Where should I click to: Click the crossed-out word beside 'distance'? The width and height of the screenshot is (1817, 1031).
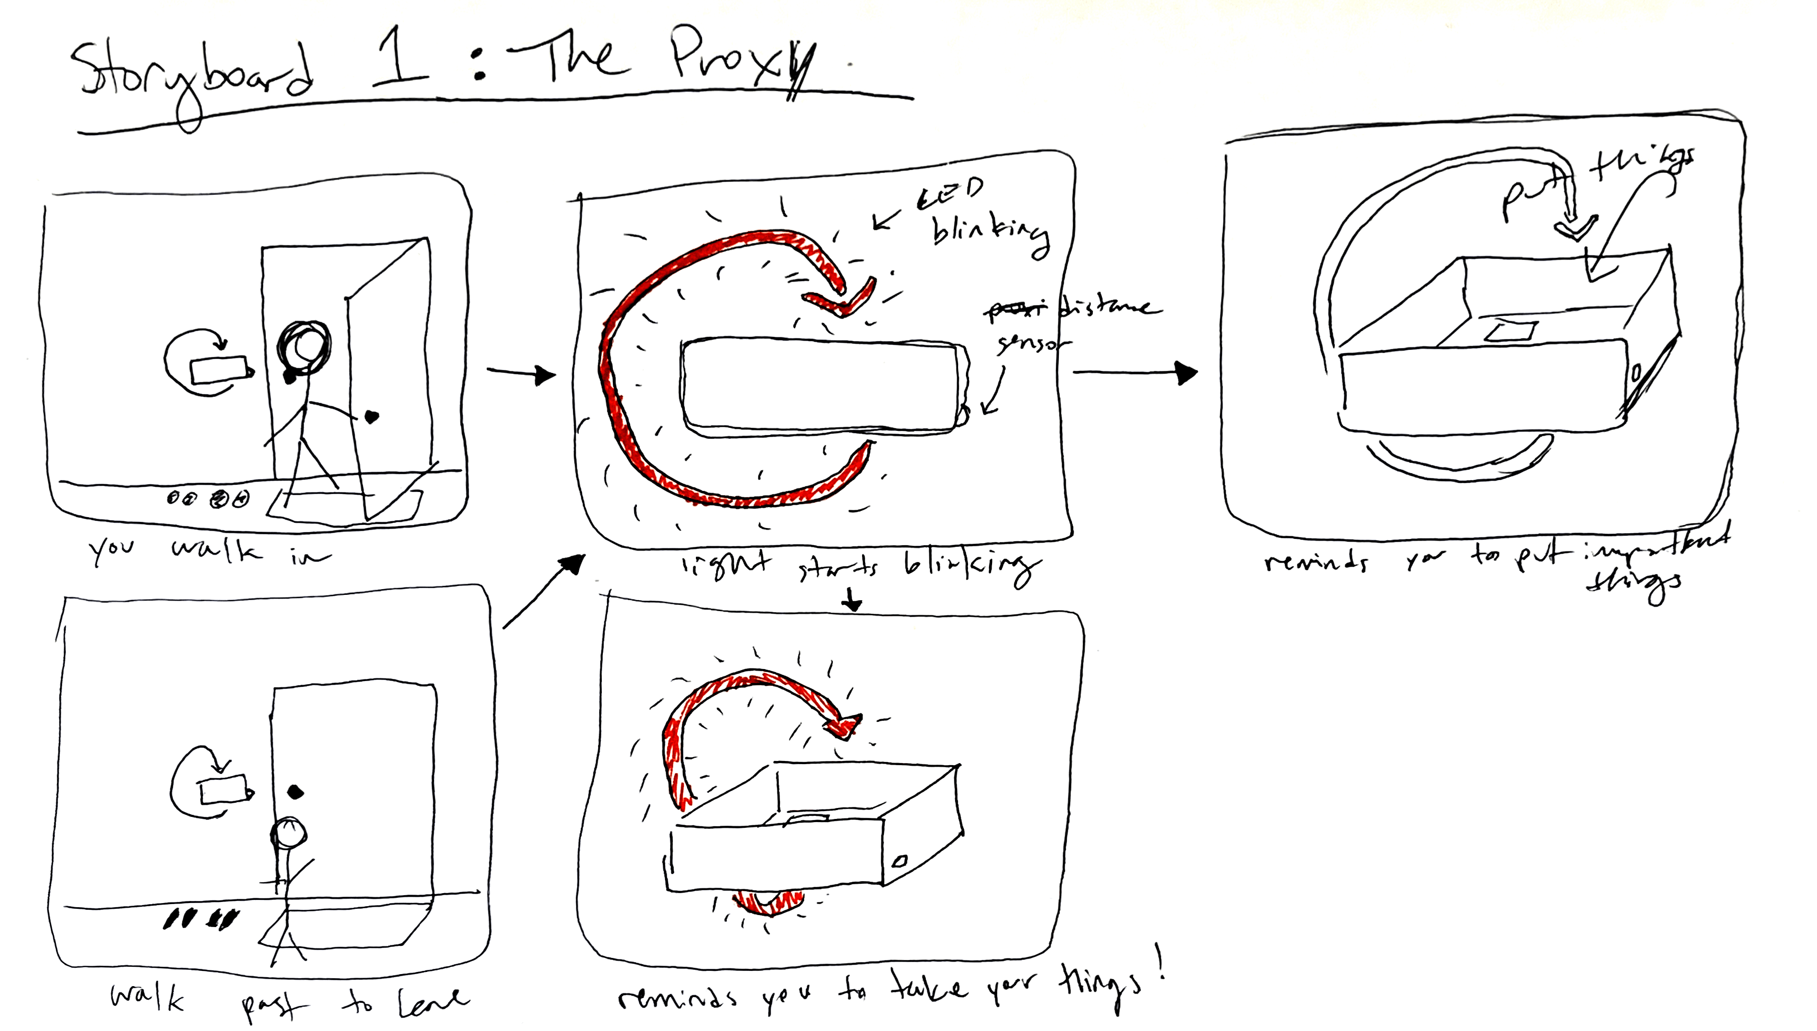click(1016, 309)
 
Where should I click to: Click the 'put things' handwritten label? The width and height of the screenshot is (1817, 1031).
click(1593, 181)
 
